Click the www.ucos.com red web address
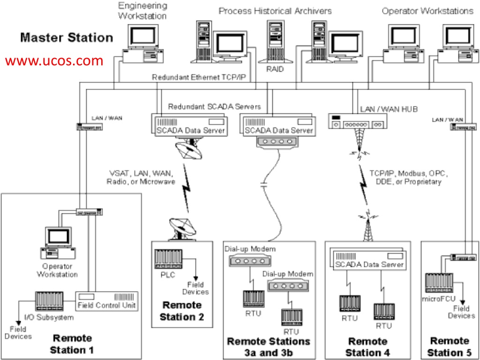click(x=54, y=60)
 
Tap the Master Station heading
click(x=67, y=37)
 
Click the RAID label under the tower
click(x=276, y=69)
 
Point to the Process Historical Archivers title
click(x=275, y=10)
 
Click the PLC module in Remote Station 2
click(x=168, y=259)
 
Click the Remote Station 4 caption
click(x=367, y=346)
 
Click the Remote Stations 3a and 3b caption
click(x=269, y=346)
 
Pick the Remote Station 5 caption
click(x=450, y=346)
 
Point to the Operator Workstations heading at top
click(x=427, y=10)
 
